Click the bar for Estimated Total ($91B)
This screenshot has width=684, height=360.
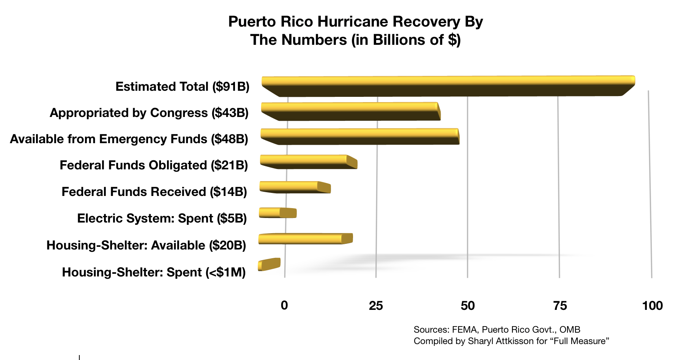click(x=448, y=85)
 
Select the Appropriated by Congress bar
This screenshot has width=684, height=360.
click(x=349, y=111)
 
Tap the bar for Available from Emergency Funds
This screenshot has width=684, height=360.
click(x=359, y=136)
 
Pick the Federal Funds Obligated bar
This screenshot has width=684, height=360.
click(x=307, y=161)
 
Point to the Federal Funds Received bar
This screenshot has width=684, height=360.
click(x=294, y=187)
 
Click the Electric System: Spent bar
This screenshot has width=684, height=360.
click(x=277, y=213)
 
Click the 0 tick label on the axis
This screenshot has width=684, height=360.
click(x=284, y=305)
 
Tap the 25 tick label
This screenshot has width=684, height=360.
click(x=376, y=305)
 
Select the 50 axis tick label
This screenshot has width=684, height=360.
click(x=468, y=305)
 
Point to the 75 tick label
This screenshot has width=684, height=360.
click(x=560, y=305)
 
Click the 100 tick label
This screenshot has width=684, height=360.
click(x=652, y=305)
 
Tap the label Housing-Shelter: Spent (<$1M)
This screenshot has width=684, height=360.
click(x=154, y=272)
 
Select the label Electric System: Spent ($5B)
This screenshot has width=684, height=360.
click(x=162, y=218)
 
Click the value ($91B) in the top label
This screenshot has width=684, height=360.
click(x=231, y=87)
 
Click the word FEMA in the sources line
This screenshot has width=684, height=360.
click(x=465, y=330)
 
